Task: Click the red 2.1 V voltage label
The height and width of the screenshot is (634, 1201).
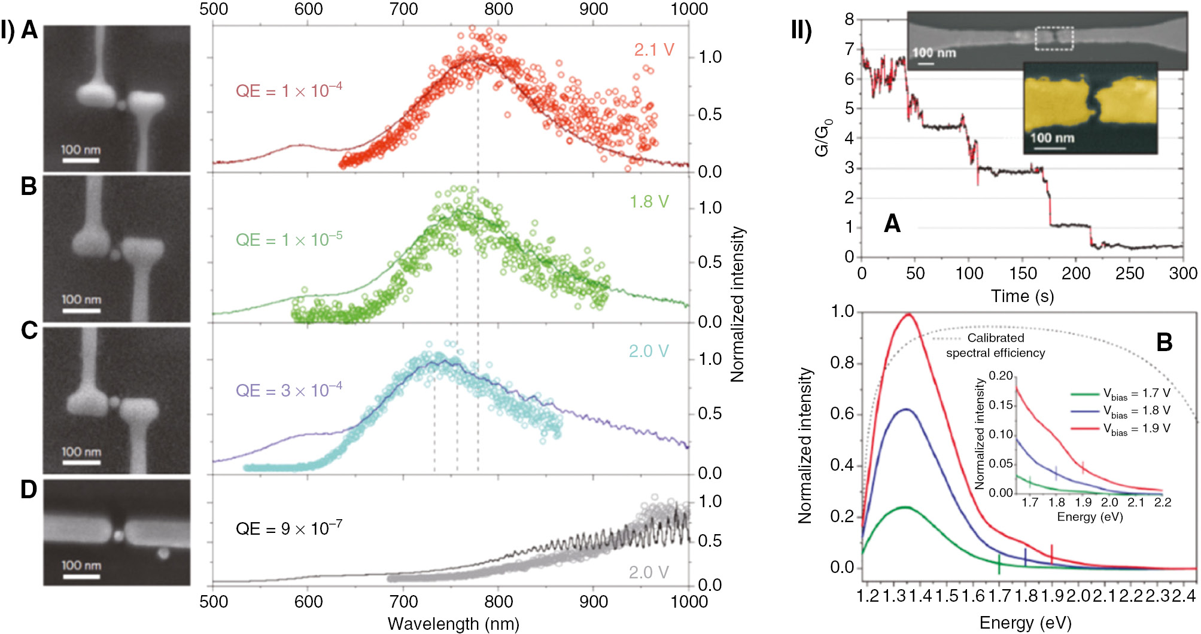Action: tap(654, 50)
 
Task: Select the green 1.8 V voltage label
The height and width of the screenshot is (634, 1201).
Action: tap(649, 202)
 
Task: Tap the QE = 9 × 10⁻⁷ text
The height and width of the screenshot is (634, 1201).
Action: tap(288, 528)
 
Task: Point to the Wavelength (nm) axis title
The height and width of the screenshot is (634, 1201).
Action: tap(453, 623)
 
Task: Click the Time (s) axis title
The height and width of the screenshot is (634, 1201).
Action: tap(1022, 295)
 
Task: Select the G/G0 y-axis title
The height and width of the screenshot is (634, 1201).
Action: tap(823, 139)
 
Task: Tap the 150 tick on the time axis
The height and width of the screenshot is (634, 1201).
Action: tap(1023, 274)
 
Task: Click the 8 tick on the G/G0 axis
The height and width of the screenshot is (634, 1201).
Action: tap(849, 19)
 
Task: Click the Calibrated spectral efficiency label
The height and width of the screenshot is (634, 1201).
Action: tap(995, 345)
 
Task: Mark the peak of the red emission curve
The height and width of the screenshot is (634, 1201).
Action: tap(908, 314)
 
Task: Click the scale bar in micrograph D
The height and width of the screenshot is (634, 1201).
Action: tap(81, 576)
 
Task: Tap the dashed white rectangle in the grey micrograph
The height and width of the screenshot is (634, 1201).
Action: tap(1054, 38)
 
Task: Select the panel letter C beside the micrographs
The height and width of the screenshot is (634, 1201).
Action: tap(29, 331)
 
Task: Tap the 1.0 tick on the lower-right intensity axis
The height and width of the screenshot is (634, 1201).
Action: tap(843, 312)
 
